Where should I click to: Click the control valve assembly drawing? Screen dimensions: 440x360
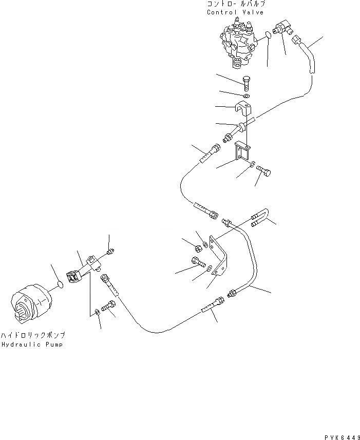coord(237,44)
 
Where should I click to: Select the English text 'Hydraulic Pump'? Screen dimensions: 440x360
coord(32,345)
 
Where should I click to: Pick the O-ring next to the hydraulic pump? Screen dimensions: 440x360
coord(61,284)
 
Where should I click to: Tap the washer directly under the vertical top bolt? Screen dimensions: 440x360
coord(246,96)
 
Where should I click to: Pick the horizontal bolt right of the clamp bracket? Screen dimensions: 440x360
coord(264,173)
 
